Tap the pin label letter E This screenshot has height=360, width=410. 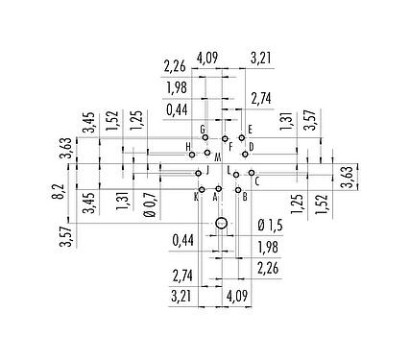(x=250, y=129)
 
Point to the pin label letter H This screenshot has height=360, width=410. (x=188, y=146)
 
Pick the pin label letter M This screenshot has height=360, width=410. (x=218, y=156)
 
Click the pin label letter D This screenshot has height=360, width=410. (x=251, y=146)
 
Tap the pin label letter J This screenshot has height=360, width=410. (x=206, y=171)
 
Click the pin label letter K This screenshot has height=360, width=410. (x=195, y=196)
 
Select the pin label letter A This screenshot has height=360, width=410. (x=214, y=197)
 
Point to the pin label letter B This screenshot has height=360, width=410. (x=245, y=197)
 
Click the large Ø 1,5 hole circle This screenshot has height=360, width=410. (x=221, y=224)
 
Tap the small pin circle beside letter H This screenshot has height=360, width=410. (x=193, y=154)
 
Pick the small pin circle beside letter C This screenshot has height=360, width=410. (x=252, y=173)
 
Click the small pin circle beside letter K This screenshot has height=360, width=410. (x=202, y=189)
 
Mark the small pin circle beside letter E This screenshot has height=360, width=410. (x=242, y=137)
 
